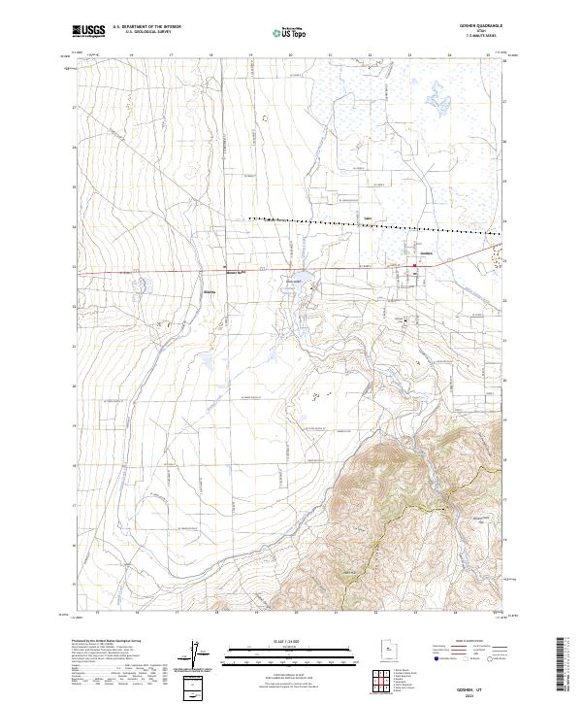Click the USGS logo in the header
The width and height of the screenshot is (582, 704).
pos(89,31)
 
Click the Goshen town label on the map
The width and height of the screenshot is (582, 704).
pos(424,255)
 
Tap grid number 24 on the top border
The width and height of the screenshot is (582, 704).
pos(450,55)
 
